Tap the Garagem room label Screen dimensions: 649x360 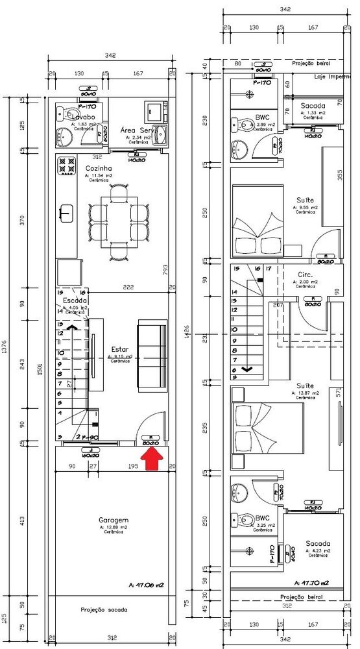click(113, 520)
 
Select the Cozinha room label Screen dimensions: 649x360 click(99, 168)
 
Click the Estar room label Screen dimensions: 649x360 click(120, 349)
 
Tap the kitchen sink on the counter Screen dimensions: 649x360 click(66, 212)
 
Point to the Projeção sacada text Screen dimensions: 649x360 click(104, 610)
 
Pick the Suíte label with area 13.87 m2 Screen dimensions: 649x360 click(305, 386)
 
